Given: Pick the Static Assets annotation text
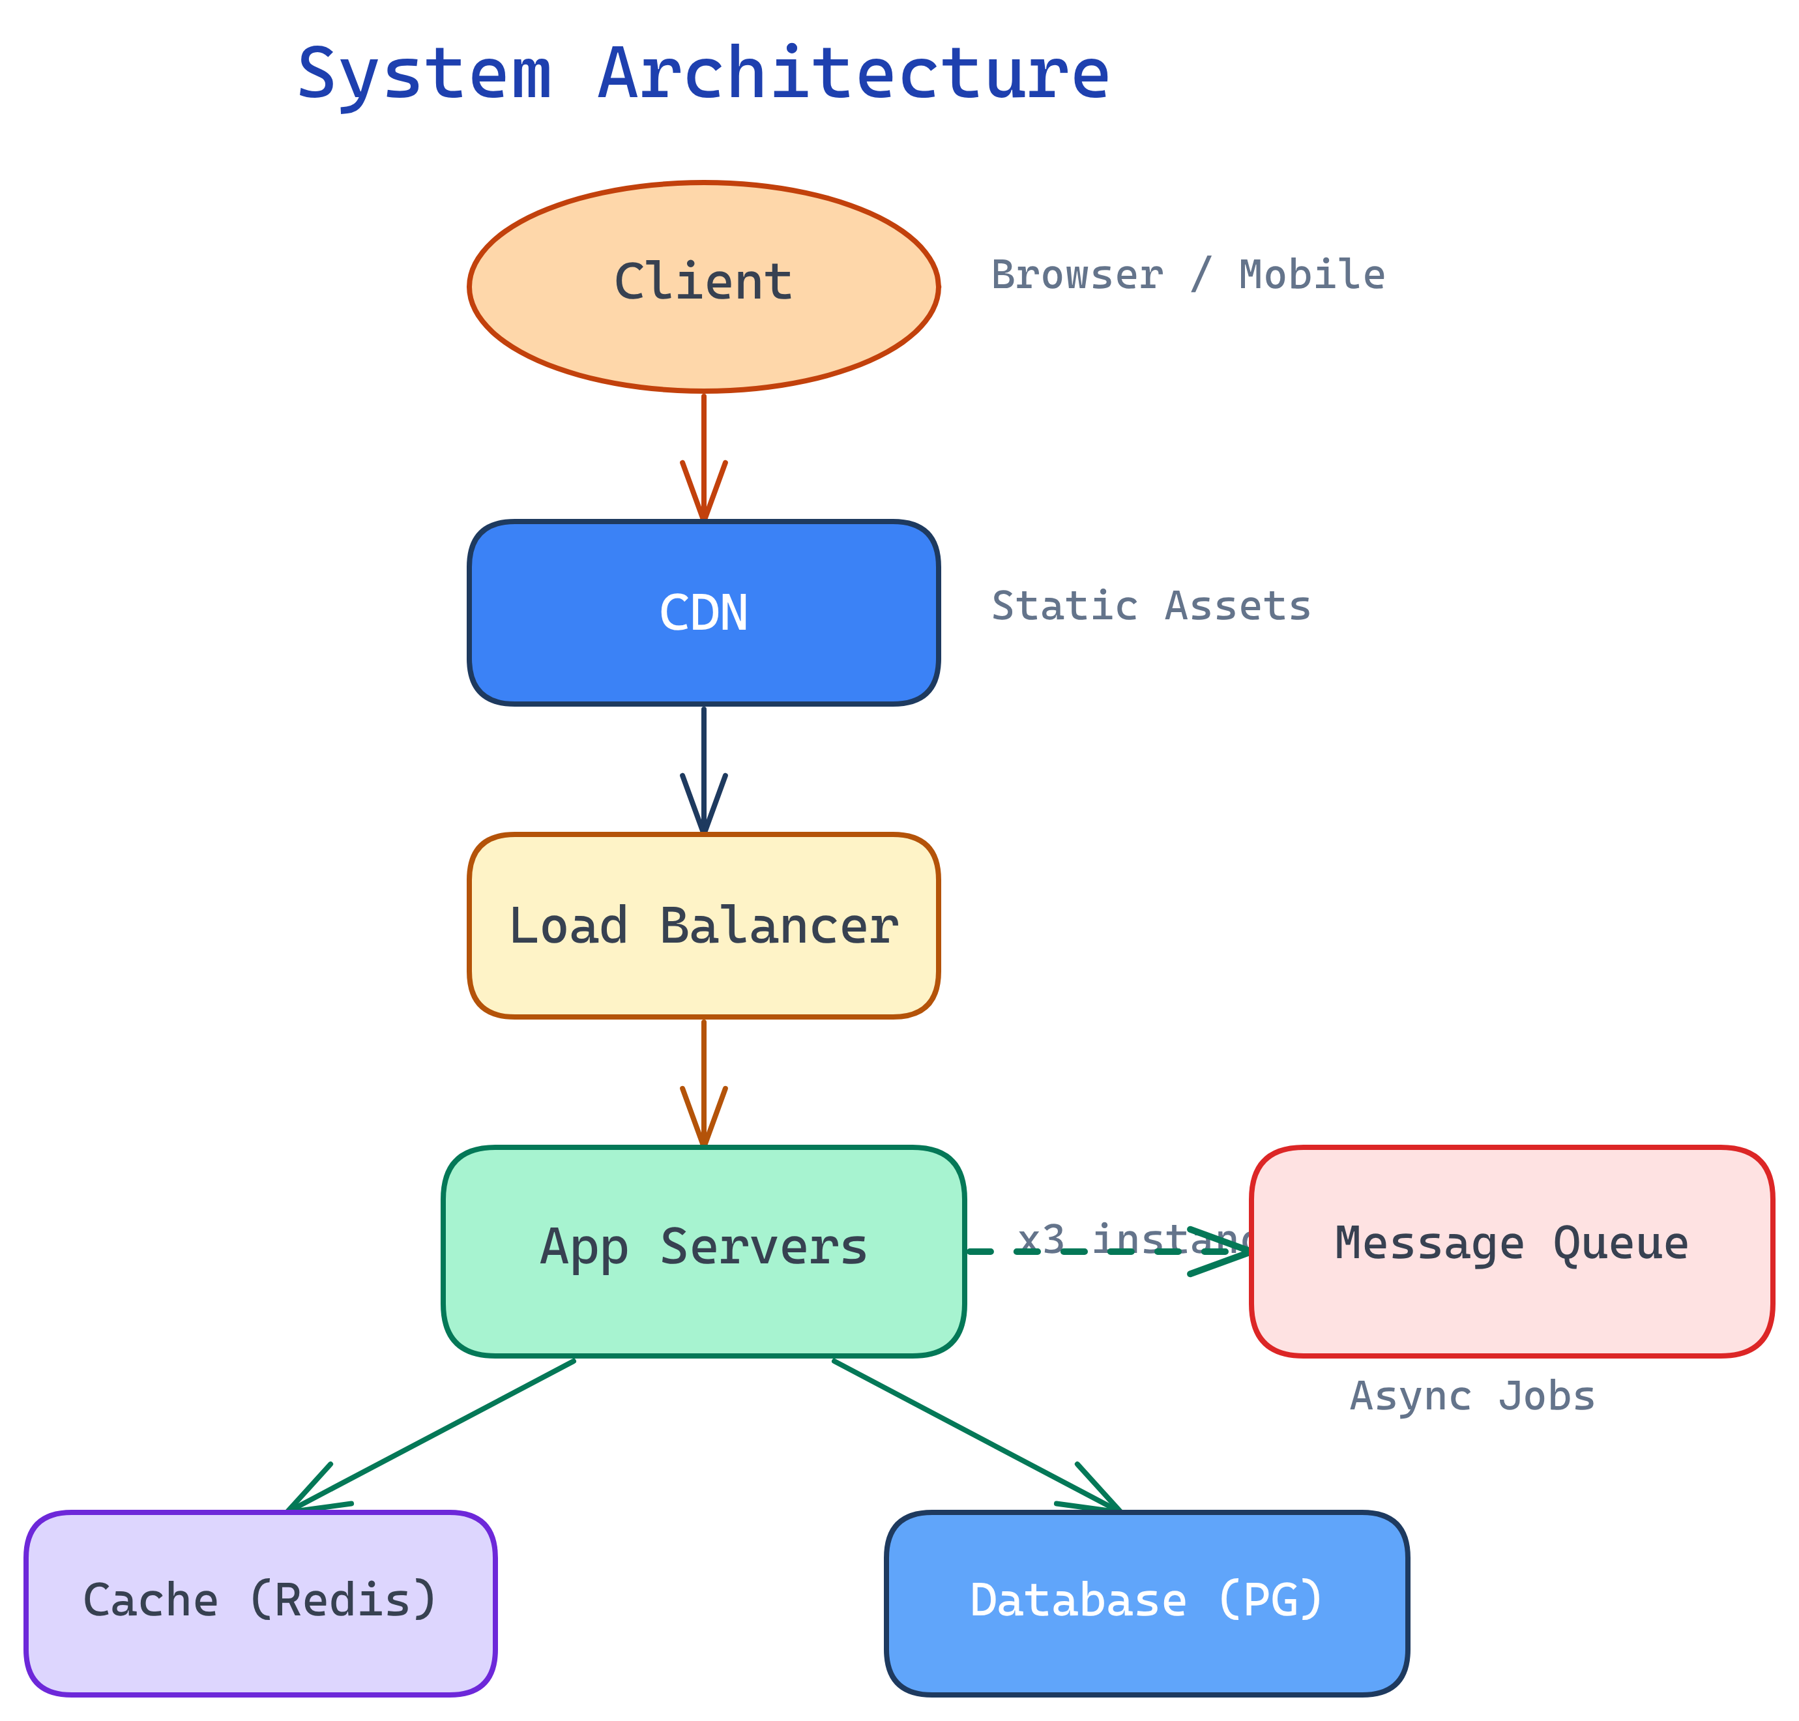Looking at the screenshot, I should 1150,606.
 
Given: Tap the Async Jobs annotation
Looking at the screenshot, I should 1472,1396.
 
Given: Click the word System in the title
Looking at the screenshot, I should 425,75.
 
